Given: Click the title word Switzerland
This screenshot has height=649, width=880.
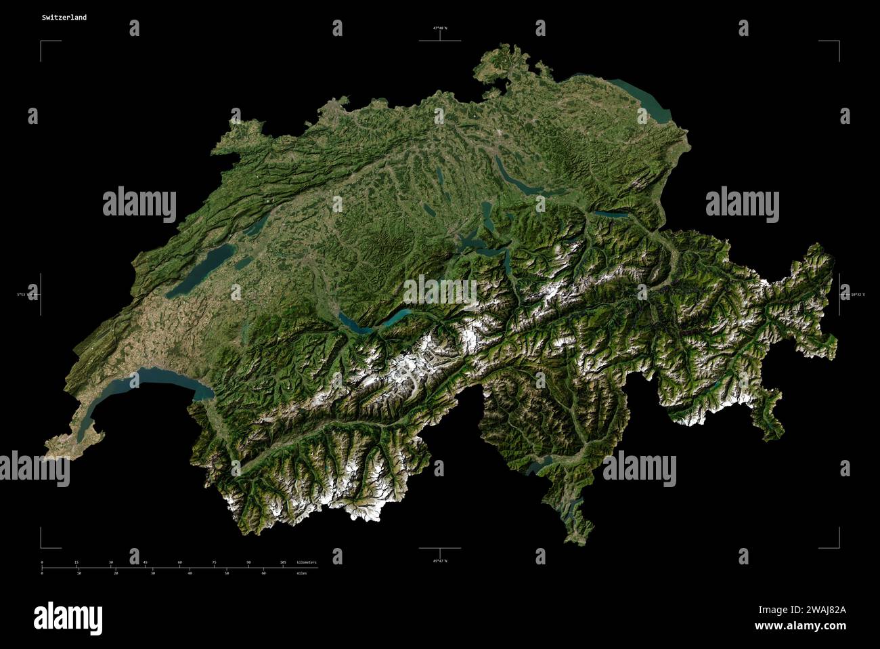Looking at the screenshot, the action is click(x=64, y=18).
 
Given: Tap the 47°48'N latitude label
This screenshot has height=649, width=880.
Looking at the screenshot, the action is click(x=440, y=28).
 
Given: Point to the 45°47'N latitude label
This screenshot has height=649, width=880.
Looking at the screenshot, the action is click(x=440, y=561).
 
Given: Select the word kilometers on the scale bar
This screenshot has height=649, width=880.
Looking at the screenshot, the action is click(x=306, y=563).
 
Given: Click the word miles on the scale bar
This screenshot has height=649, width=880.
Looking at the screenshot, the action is click(x=301, y=573).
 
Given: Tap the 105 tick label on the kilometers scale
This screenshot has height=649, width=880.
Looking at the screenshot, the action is click(x=283, y=563).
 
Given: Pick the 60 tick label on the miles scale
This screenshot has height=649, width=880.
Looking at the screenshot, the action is click(x=263, y=573).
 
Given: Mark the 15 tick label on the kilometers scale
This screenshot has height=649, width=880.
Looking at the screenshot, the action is click(x=76, y=563).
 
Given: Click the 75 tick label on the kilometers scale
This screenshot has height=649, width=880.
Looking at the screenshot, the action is click(x=214, y=563).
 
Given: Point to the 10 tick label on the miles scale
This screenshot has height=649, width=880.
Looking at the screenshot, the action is click(x=79, y=573).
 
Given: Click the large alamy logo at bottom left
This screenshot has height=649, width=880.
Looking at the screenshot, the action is click(x=68, y=617).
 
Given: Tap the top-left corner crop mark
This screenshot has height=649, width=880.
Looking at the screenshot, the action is click(x=42, y=42).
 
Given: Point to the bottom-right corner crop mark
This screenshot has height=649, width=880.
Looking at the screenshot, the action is click(x=838, y=547).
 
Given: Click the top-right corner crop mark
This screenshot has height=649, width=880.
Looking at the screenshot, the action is click(x=838, y=42).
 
